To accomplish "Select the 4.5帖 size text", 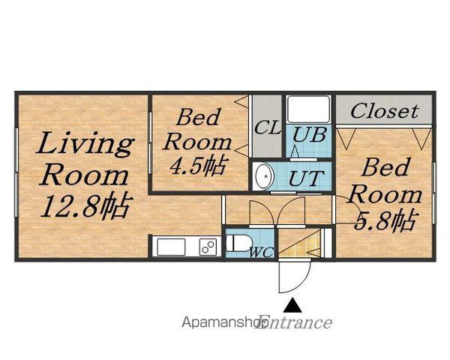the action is (197, 166).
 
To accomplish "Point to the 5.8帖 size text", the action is (385, 220).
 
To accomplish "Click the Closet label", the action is (384, 112).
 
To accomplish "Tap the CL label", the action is (268, 127).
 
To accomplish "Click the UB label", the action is (309, 134).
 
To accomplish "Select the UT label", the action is (306, 178).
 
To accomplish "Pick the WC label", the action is (261, 252).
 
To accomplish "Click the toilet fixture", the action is (238, 243).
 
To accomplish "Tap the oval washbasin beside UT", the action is (263, 176).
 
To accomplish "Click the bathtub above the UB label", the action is (308, 109).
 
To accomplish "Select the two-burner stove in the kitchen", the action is (208, 247).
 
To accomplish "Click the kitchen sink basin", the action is (171, 247).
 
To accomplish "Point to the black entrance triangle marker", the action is (292, 305).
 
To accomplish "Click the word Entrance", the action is (295, 322).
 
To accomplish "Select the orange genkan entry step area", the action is (299, 244).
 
